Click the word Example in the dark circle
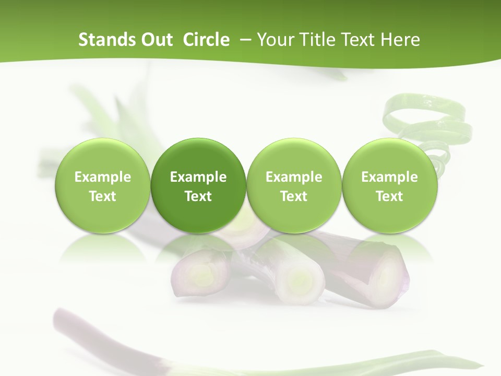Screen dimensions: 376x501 198,177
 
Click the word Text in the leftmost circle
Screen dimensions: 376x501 102,196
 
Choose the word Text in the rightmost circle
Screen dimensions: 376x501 389,196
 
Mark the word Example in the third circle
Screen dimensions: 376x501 294,177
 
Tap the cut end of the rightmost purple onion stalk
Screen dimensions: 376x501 387,272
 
